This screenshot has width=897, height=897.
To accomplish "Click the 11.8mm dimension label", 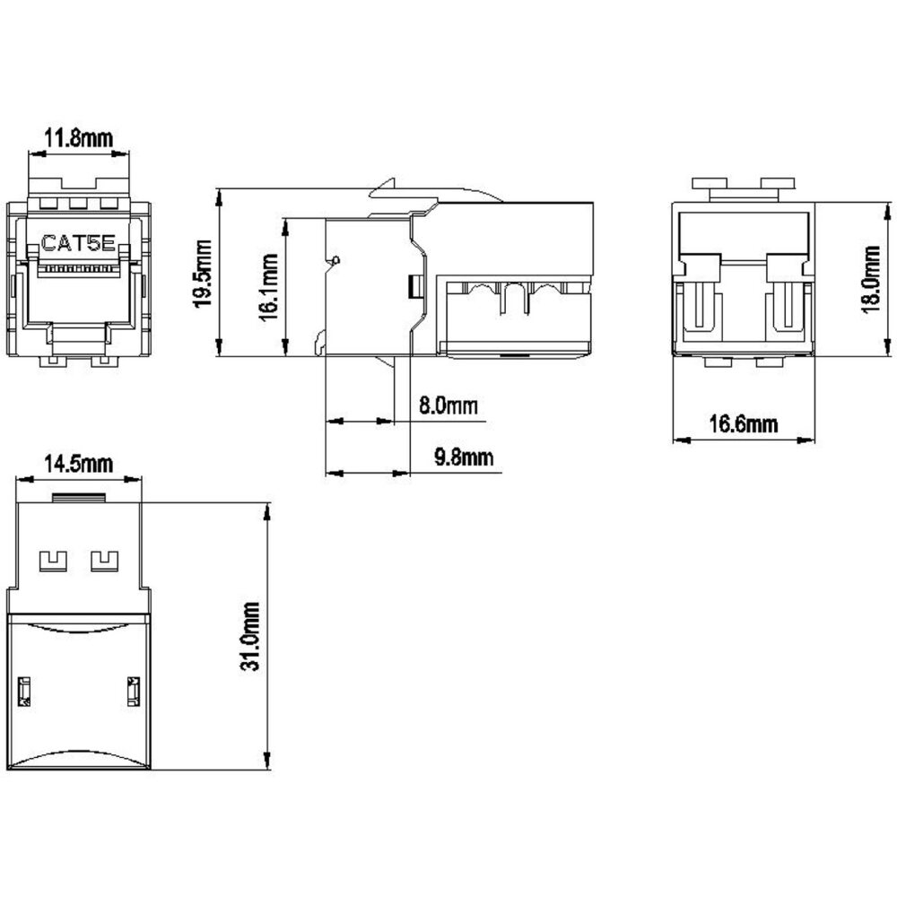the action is [79, 138].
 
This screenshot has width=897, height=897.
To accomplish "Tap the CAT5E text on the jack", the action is [78, 244].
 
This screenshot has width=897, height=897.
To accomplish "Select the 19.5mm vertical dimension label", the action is [203, 274].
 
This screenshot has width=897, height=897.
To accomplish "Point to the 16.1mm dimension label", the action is [269, 287].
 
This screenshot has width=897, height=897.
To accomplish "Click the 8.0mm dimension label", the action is [448, 405].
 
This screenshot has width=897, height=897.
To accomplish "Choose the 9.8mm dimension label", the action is [464, 457].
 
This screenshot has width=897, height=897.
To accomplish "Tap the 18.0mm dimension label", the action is [871, 279].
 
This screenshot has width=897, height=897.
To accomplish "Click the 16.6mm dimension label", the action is [744, 424].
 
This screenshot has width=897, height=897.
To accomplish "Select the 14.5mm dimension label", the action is [79, 464].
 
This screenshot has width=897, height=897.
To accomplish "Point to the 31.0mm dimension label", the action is [250, 636].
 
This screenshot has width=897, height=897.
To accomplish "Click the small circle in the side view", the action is [335, 260].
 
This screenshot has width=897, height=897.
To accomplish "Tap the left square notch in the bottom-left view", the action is [53, 562].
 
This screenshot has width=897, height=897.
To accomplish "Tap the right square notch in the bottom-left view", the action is [105, 562].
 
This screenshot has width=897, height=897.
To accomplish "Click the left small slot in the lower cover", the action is [24, 692].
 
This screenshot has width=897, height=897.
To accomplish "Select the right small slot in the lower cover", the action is [134, 692].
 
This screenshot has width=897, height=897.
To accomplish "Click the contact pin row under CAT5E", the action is [78, 268].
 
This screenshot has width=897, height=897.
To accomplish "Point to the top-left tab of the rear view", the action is [710, 184].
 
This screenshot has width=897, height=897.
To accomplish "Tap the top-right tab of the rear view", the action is [778, 184].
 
